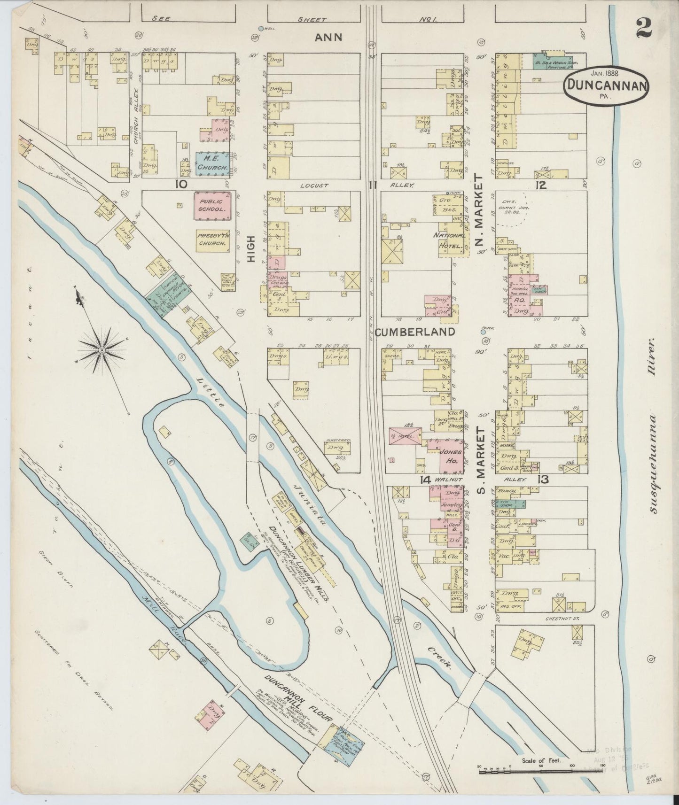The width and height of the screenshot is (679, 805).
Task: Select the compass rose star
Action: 101,350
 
